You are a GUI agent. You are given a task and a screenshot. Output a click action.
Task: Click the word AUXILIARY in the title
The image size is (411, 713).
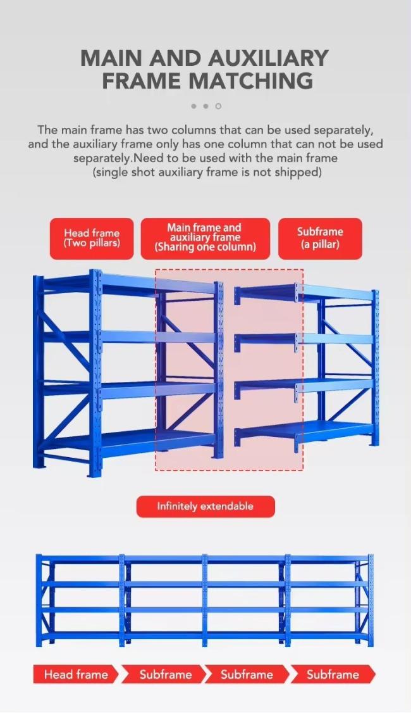(x=268, y=58)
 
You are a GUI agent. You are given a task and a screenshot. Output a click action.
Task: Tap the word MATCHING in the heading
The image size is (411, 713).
(x=250, y=80)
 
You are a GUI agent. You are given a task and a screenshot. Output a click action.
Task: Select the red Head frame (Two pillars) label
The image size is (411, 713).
(x=92, y=239)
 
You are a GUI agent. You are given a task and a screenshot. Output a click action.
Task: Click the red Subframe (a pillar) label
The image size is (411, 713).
(x=320, y=239)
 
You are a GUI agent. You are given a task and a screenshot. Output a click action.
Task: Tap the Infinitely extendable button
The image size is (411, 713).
(x=205, y=507)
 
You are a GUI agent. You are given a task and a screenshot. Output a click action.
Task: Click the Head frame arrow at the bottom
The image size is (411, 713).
(x=76, y=674)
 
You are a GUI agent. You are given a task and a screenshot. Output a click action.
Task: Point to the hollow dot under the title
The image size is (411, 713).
(x=218, y=106)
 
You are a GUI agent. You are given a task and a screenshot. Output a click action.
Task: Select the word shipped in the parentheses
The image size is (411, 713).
(x=300, y=172)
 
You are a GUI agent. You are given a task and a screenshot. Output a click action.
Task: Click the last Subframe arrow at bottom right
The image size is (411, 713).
(x=333, y=674)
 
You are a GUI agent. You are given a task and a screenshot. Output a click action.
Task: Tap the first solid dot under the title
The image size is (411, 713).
(x=194, y=106)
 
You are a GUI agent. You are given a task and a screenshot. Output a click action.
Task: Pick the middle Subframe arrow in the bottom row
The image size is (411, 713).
(x=247, y=674)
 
